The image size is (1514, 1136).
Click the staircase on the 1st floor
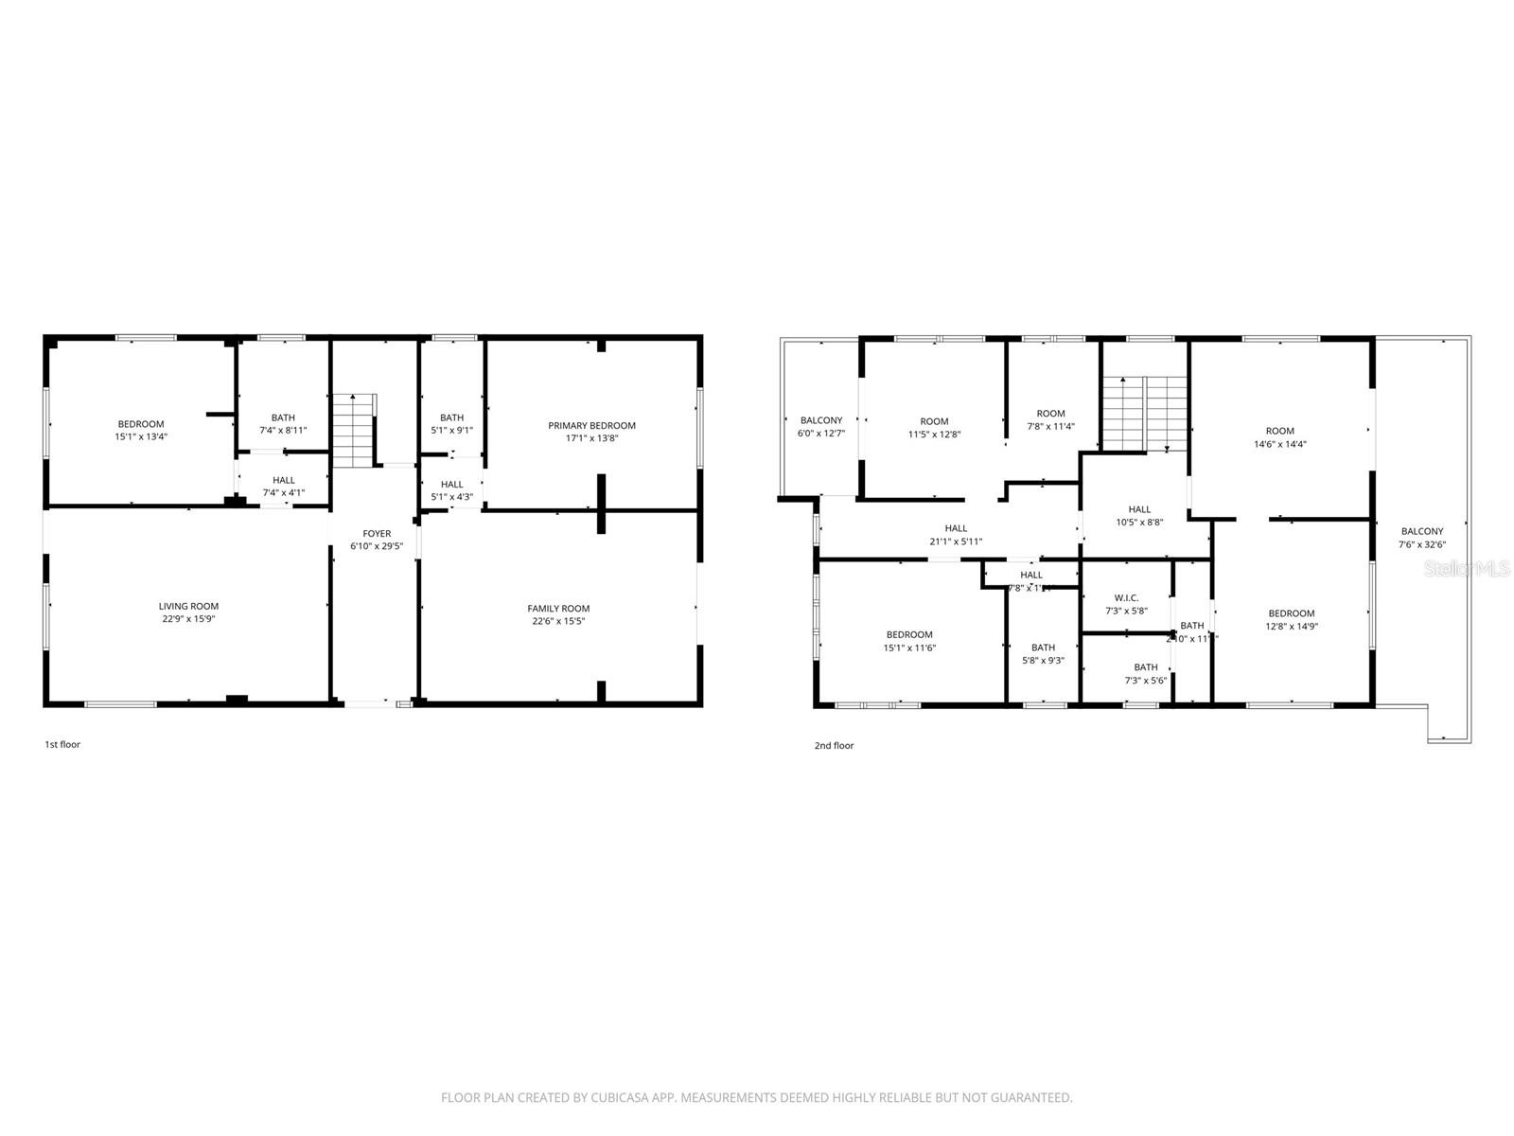point(354,431)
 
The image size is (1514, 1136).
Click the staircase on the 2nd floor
point(1145,414)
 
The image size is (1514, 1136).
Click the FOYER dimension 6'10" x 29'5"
point(377,546)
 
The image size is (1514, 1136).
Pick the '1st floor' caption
point(62,744)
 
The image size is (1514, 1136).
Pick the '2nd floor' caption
point(834,746)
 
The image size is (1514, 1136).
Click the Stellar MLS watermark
point(1469,568)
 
